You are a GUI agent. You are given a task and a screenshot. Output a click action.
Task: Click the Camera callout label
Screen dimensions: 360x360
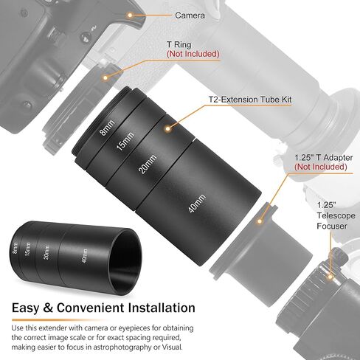(x=190, y=15)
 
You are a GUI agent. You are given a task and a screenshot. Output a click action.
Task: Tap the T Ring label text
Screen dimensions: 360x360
(x=179, y=44)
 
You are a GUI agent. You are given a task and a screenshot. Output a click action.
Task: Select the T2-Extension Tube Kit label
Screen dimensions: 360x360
(x=250, y=100)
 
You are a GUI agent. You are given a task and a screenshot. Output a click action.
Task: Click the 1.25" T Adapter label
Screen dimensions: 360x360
(x=324, y=157)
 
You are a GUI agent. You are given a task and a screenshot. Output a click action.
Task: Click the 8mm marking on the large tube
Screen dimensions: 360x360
(x=107, y=128)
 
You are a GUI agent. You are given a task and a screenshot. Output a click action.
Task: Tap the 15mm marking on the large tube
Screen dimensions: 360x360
(x=125, y=141)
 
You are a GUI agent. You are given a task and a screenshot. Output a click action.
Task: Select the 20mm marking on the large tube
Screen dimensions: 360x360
(x=148, y=165)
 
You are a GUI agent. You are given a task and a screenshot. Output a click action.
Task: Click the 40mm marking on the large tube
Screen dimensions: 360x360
(x=196, y=204)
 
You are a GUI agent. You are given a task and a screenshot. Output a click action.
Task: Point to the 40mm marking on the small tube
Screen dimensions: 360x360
(x=85, y=256)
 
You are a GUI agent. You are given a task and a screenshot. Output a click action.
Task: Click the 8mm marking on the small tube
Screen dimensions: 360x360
(x=15, y=248)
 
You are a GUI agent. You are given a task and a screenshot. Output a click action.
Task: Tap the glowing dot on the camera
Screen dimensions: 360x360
(x=130, y=15)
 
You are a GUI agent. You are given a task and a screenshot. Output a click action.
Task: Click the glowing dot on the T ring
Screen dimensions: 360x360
(x=105, y=77)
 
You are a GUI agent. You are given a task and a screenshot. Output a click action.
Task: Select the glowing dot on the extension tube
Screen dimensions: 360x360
(x=168, y=128)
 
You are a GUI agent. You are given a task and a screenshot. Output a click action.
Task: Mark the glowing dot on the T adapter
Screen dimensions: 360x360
(x=260, y=221)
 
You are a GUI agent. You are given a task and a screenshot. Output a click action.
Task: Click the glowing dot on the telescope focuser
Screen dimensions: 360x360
(x=330, y=277)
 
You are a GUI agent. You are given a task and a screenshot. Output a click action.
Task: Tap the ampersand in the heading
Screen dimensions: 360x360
(x=48, y=308)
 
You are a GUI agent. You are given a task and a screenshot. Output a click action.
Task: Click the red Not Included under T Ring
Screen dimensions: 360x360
(x=193, y=54)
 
